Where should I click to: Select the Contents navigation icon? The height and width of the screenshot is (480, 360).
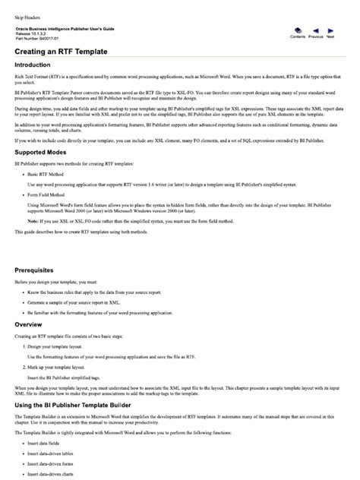(x=298, y=30)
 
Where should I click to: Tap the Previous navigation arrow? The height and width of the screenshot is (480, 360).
(x=315, y=30)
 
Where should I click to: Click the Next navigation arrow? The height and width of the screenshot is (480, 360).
(x=330, y=30)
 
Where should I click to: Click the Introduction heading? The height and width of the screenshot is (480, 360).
(x=39, y=65)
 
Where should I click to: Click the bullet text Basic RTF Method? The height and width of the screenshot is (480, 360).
(x=48, y=175)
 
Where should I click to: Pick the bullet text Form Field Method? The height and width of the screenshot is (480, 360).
(x=49, y=194)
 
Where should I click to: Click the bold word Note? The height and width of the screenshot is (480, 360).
(x=34, y=219)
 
